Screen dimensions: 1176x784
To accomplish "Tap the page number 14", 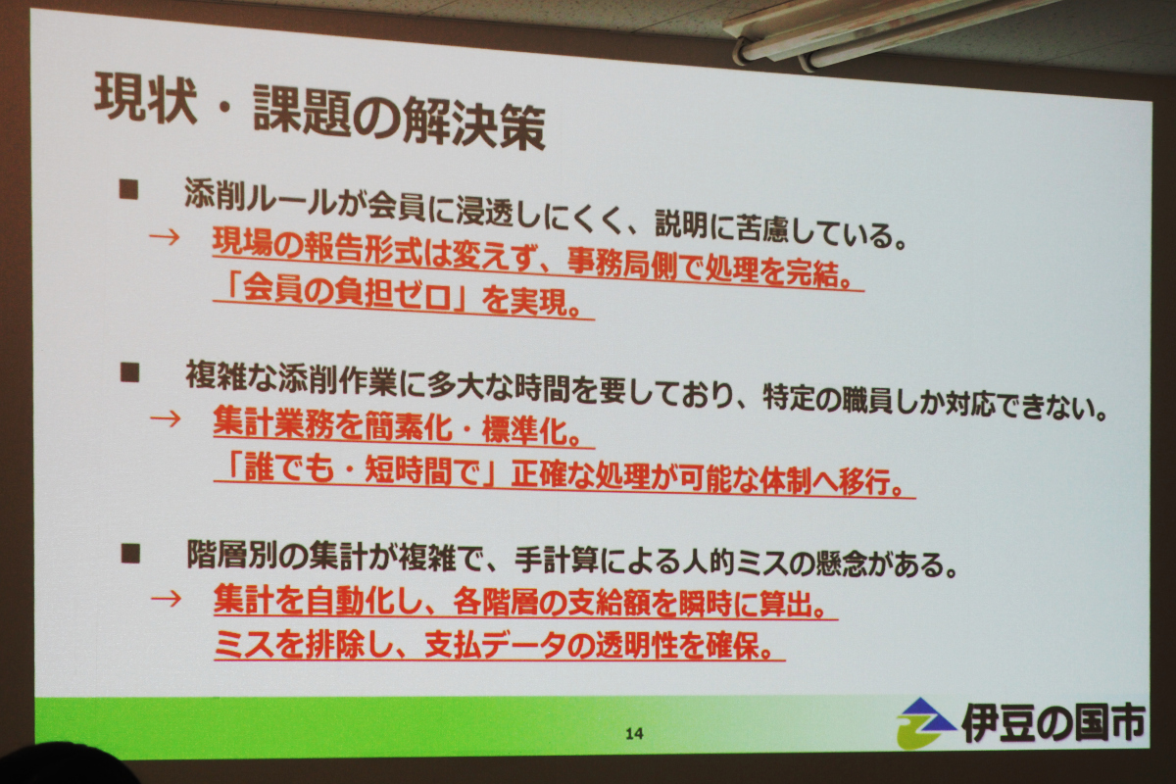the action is click(634, 733).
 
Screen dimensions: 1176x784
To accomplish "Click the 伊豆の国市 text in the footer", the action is click(1053, 723).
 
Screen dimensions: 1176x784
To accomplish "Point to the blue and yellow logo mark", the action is click(924, 722).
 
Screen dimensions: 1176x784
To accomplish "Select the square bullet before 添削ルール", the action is click(128, 189).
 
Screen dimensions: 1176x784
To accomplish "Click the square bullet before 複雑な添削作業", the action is click(129, 374).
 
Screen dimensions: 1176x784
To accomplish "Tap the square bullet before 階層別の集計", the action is click(130, 554).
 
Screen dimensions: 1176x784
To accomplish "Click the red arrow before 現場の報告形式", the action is click(165, 237).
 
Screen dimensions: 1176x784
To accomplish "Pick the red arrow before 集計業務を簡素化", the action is click(166, 419).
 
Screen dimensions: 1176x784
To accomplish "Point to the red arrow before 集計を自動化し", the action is click(167, 599).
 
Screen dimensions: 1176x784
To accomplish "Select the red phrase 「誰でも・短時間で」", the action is click(356, 468).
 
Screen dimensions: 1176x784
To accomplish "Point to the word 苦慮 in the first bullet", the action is click(762, 229).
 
